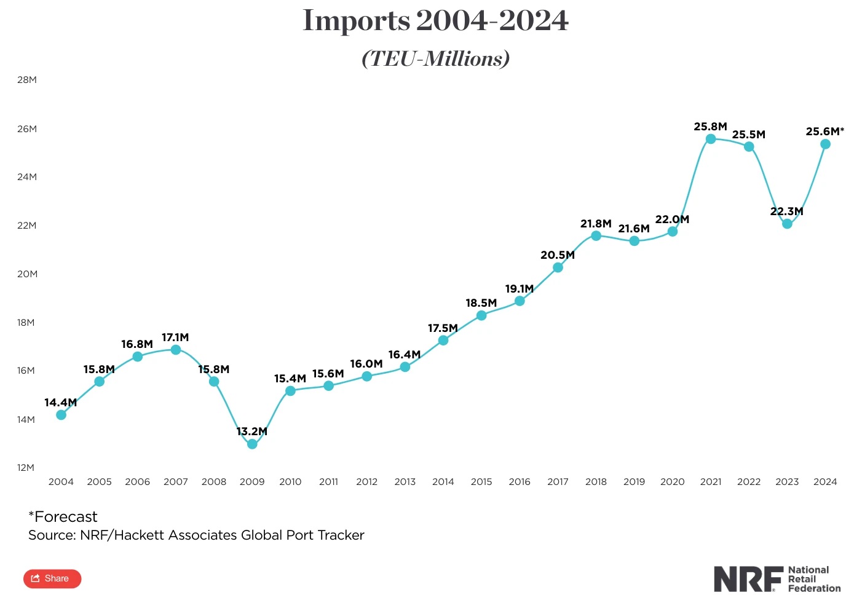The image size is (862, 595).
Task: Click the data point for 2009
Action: tap(252, 444)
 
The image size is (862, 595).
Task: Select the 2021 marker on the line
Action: tap(711, 139)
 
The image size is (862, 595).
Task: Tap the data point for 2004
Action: tap(61, 415)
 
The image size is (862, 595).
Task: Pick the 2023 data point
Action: tap(787, 224)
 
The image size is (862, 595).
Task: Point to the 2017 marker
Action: tap(558, 267)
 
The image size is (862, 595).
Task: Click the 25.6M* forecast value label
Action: tap(824, 132)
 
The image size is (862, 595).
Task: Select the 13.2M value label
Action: tap(252, 431)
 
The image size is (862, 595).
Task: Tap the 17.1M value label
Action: tap(175, 337)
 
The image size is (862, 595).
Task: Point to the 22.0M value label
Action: tap(672, 219)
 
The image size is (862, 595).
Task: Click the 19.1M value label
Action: tap(520, 289)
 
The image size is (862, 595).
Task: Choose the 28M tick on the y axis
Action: tap(27, 80)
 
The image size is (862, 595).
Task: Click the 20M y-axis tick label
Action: tap(27, 274)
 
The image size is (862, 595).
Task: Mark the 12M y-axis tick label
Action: tap(26, 468)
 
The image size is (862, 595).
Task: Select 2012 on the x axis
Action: tap(366, 482)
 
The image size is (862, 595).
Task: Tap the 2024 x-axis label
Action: tap(825, 482)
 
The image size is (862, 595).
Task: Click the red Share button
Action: tap(52, 578)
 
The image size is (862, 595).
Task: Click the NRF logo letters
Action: tap(748, 579)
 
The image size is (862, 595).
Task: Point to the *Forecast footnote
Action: tap(63, 517)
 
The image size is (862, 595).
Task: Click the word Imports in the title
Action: tap(356, 21)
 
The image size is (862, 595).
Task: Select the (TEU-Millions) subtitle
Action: tap(436, 59)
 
